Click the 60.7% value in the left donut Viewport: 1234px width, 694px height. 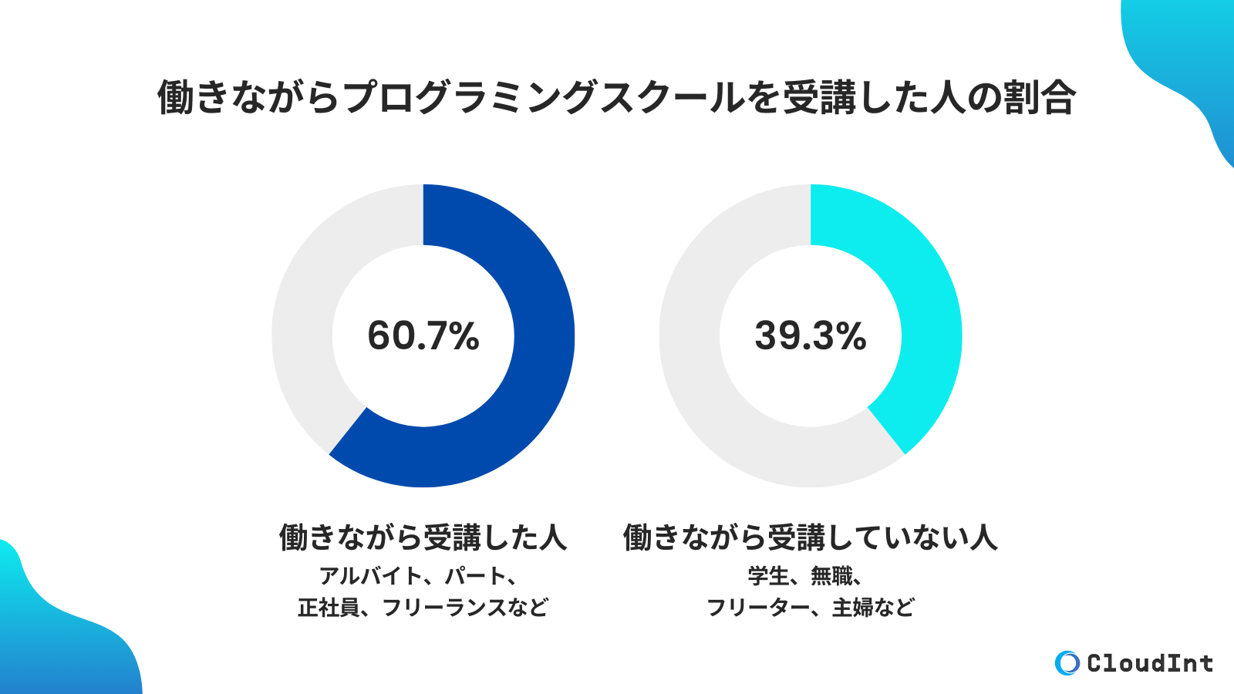coord(423,336)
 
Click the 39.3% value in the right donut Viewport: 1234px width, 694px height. coord(810,336)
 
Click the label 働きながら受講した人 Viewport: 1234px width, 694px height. coord(423,537)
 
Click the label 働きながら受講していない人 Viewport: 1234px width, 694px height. coord(810,537)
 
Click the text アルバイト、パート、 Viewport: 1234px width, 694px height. coord(417,576)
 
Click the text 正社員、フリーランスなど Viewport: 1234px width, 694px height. coord(423,608)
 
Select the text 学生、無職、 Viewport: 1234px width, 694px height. coord(804,576)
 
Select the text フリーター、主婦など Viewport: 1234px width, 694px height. coord(810,608)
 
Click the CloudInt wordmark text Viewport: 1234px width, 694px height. coord(1149,663)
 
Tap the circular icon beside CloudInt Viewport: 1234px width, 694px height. coord(1067,663)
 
